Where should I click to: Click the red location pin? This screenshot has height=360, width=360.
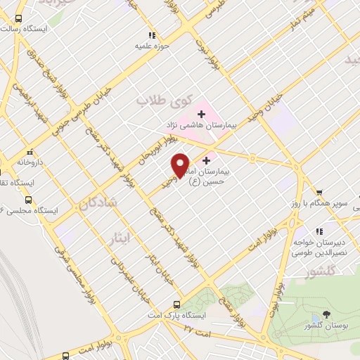(x=180, y=165)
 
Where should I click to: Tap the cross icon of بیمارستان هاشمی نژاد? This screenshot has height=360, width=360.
(x=201, y=112)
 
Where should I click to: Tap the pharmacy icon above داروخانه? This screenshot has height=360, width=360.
(x=29, y=152)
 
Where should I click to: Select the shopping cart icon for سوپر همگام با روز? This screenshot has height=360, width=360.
(x=319, y=192)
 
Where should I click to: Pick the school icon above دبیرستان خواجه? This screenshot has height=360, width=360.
(x=319, y=231)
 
